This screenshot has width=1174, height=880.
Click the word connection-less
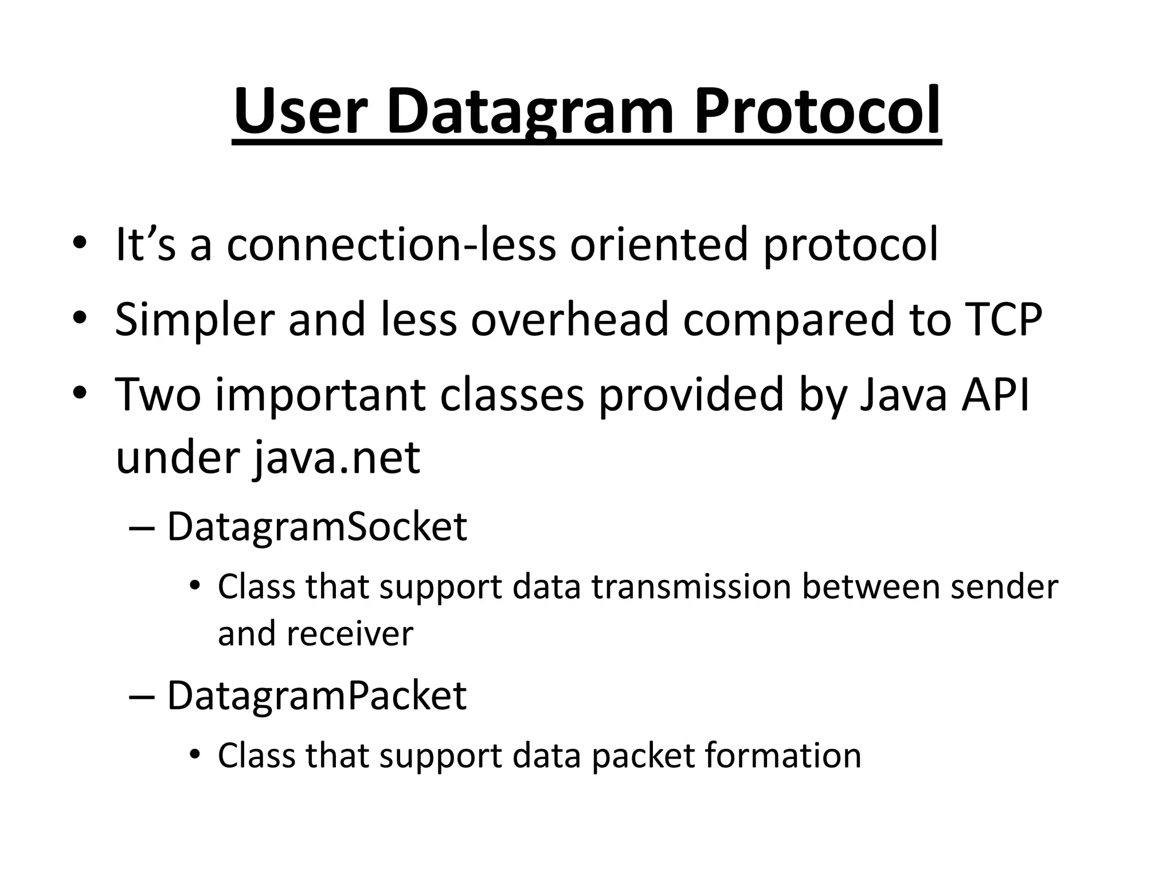tap(391, 245)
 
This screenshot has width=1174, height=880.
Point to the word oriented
tap(659, 245)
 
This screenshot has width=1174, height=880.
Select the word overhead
tap(570, 319)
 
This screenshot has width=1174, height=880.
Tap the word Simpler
tap(194, 319)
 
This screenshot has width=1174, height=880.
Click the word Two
tap(158, 395)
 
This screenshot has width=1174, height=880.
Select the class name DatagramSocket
tap(317, 527)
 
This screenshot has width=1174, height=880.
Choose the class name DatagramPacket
tap(317, 696)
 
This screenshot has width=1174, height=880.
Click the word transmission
tap(691, 587)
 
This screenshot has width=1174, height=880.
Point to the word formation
tap(783, 756)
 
